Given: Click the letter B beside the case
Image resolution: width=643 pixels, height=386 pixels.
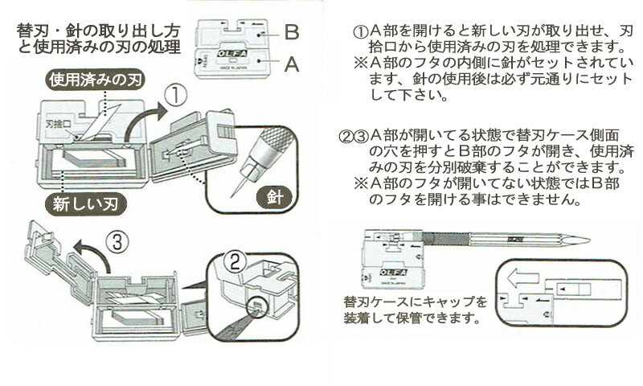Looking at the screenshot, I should coord(291,33).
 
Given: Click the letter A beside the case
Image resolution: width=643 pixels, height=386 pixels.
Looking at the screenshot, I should coord(291,64).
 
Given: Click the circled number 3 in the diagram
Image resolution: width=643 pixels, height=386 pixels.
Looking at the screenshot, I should coord(115,240).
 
